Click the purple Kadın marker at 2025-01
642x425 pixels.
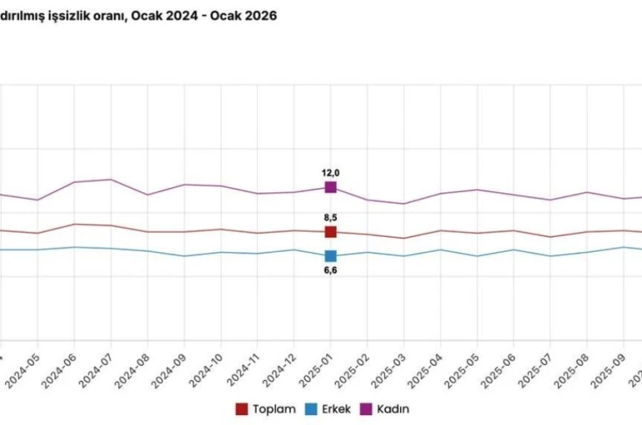330,187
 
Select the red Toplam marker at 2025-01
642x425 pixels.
330,232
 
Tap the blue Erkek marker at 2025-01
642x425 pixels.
330,256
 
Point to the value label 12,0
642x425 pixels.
331,172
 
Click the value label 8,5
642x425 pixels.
330,217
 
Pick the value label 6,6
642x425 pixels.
330,271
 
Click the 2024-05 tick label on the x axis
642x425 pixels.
24,367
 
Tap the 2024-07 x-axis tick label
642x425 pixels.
98,367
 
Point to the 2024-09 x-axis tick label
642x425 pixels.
171,367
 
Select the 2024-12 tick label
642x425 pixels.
281,367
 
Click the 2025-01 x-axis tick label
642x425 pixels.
318,367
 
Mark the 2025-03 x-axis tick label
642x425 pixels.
391,367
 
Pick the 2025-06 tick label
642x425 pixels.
501,367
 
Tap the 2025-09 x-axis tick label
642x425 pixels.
611,367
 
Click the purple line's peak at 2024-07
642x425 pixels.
110,179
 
